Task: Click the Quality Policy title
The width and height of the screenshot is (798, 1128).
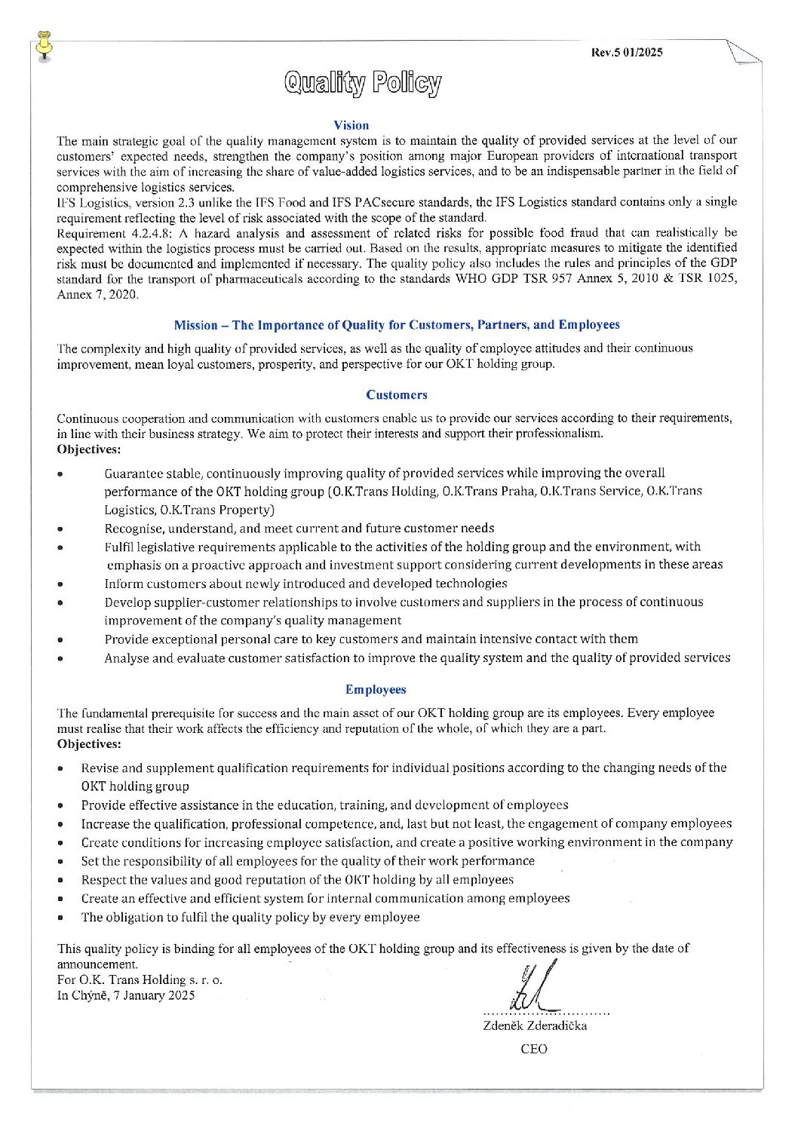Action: click(362, 84)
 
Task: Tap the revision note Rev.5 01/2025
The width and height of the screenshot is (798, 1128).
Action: click(627, 53)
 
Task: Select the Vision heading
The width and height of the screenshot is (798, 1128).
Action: click(351, 125)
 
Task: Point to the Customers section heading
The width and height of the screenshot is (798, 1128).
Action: click(396, 394)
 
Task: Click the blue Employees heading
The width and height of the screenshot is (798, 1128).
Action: click(376, 689)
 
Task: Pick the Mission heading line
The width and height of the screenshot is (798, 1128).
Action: click(396, 325)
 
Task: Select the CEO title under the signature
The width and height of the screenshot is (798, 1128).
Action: click(534, 1049)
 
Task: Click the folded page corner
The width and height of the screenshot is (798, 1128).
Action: click(744, 54)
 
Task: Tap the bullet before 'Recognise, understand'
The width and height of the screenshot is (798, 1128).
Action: click(60, 529)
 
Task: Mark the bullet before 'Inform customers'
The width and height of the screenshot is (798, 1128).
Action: click(60, 584)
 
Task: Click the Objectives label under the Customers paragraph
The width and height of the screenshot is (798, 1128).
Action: click(89, 449)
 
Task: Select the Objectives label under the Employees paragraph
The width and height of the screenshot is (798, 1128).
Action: click(89, 743)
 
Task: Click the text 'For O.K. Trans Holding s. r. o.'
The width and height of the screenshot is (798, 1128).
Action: click(140, 979)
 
